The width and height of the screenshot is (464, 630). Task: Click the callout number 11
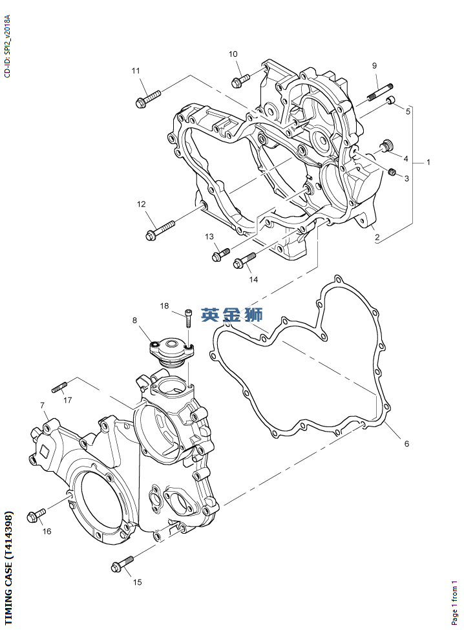pos(136,70)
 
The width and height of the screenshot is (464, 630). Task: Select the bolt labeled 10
pos(240,80)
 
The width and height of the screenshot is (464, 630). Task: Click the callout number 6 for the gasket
pos(406,443)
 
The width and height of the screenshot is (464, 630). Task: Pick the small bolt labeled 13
pos(220,254)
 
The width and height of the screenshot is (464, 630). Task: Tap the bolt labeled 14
pos(244,260)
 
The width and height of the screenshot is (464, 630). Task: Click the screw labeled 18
pos(187,320)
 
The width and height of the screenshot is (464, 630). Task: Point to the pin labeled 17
pos(60,387)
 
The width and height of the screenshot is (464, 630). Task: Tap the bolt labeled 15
pos(121,563)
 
